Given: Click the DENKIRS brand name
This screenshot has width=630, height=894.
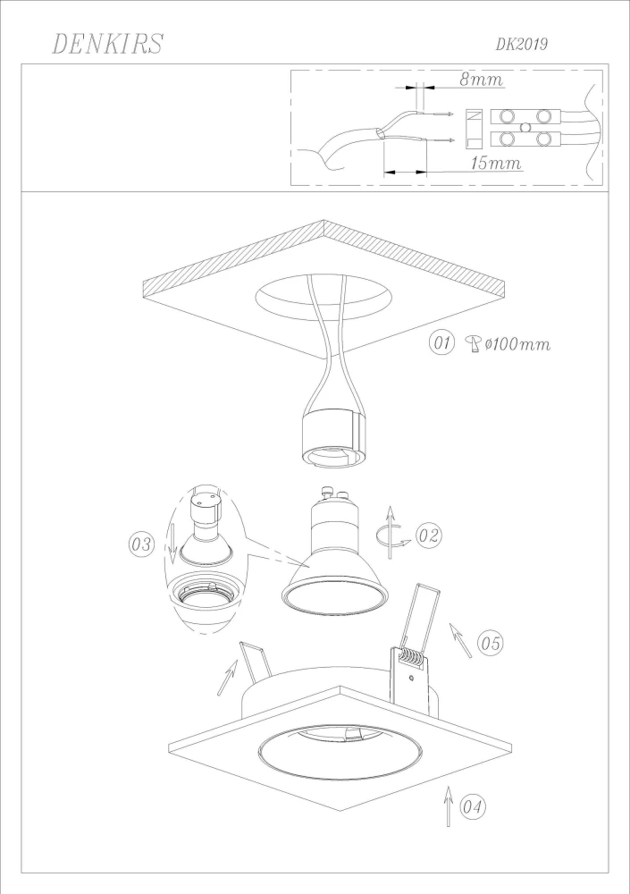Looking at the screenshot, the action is coord(108,44).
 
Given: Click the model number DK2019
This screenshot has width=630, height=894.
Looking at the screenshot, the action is coord(521,44).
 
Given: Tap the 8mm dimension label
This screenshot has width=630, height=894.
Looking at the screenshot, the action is coord(482,80).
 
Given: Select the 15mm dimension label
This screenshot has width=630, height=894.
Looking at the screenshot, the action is coord(496,163).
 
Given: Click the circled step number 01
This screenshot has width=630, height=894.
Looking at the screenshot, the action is coord(441,343).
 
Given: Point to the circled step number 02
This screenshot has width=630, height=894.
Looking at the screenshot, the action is coord(429,536).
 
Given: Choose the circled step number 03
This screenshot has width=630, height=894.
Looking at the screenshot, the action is coord(141,544).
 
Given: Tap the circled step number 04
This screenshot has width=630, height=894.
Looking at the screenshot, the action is coord(473,806).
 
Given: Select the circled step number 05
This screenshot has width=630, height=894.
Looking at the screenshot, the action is coord(491,643).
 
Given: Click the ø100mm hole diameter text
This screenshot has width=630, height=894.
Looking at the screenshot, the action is coord(517,344).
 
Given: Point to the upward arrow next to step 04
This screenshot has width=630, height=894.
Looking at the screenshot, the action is coord(449,805).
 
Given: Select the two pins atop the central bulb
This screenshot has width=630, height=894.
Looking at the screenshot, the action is coord(336,492).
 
